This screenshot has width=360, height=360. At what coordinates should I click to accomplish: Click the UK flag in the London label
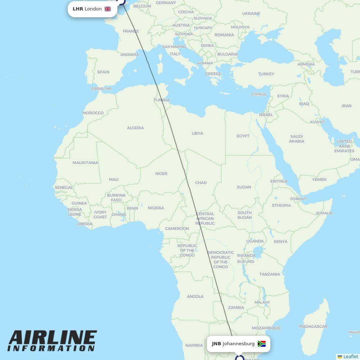pos(108,9)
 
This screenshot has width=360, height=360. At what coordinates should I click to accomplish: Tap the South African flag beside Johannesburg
pos(262,344)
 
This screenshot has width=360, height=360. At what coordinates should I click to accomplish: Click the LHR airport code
pos(78,9)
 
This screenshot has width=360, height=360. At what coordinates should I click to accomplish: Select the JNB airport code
pos(216,344)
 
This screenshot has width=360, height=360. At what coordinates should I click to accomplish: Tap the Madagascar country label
pos(313,327)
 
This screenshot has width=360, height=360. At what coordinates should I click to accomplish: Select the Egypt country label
pos(243,136)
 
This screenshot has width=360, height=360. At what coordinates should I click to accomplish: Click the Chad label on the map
pos(201,183)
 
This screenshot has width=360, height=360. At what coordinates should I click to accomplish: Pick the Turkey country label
pos(266,74)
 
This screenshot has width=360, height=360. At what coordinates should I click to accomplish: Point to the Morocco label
pos(93,113)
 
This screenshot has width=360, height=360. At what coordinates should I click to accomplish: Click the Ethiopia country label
pos(282,206)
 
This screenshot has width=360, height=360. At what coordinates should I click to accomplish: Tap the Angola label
pos(195,297)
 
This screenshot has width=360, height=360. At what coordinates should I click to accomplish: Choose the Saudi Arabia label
pos(297,139)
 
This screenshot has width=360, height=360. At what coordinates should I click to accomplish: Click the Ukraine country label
pos(251,14)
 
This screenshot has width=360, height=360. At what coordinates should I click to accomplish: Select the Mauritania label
pos(85,163)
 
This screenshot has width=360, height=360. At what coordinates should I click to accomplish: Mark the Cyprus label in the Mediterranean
pos(259,95)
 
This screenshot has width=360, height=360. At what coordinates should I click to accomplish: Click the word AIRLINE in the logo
pos(53,338)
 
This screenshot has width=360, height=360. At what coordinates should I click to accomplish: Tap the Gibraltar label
pos(101,89)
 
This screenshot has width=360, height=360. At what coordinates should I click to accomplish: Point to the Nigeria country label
pos(156,208)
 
